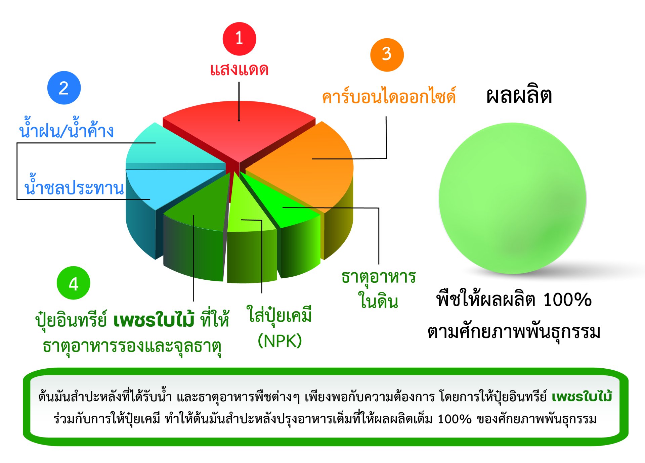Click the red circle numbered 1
coord(239,39)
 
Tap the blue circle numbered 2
coord(64,88)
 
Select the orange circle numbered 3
coord(387,55)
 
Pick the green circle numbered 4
coord(74,283)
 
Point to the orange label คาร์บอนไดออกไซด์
coord(389,96)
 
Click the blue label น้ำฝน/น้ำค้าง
coord(67,128)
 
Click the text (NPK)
coord(279,341)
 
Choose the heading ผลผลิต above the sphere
coord(519,96)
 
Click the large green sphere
coord(513,198)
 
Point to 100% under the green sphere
coord(567,299)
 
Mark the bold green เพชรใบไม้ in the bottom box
coord(582,397)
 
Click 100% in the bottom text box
coord(455,419)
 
